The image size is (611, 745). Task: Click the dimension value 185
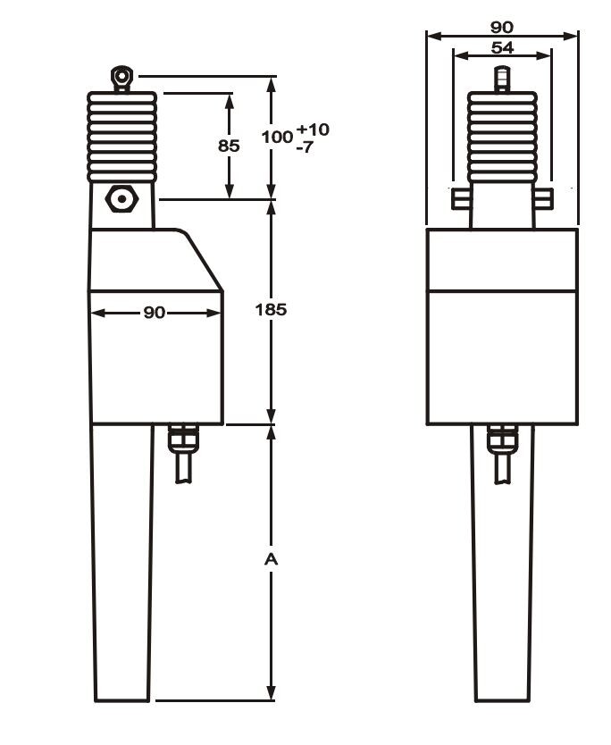tap(271, 310)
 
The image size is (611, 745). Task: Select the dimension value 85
tap(229, 146)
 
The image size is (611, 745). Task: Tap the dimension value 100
tap(277, 137)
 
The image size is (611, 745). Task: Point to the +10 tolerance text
tap(313, 130)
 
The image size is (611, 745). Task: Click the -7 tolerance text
tap(305, 146)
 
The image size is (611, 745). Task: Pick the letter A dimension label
tap(271, 560)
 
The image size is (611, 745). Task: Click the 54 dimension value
tap(502, 47)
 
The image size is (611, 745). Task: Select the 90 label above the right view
tap(502, 27)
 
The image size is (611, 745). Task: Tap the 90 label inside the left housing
tap(155, 312)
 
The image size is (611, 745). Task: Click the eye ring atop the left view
tap(121, 76)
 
